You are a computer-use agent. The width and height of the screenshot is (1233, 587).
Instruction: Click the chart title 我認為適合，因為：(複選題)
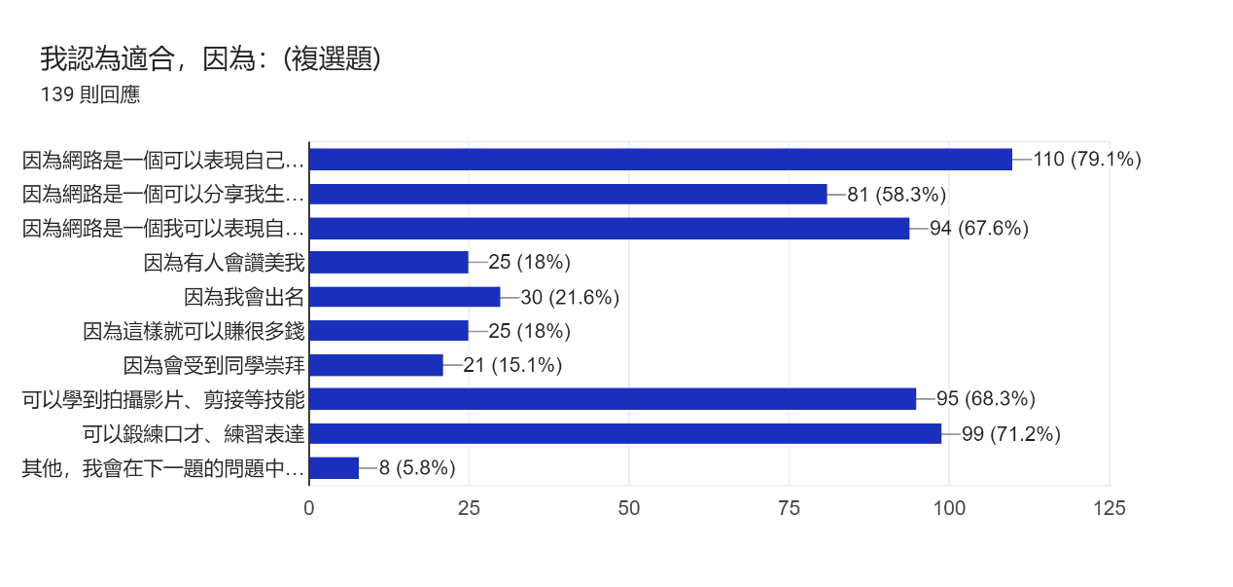pos(210,59)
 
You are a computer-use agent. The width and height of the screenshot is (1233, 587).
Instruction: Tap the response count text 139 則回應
pos(90,95)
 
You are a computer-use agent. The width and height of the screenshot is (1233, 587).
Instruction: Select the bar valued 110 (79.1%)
pos(660,160)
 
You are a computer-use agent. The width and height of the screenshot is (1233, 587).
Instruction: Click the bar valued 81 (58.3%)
pos(568,194)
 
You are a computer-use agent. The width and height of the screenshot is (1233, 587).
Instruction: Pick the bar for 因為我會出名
pos(405,297)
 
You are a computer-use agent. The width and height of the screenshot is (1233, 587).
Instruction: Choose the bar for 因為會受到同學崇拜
pos(376,365)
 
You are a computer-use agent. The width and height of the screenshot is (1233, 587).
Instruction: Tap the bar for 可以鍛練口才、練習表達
pos(625,433)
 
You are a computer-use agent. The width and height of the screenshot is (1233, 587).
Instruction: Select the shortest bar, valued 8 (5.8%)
pos(335,468)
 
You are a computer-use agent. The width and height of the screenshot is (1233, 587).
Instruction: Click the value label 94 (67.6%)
pos(979,229)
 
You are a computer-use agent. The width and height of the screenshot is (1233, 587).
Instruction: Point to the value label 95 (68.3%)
pos(986,399)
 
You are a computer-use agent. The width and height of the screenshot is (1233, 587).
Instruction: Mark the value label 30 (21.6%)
pos(570,297)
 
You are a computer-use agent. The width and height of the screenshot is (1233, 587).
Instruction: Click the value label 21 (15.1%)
pos(512,365)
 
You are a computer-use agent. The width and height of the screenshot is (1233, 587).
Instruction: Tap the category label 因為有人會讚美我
pos(224,263)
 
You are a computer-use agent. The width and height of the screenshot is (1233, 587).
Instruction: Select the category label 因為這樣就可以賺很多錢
pos(194,331)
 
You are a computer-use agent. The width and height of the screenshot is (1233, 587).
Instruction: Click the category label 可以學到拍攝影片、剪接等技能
pos(163,399)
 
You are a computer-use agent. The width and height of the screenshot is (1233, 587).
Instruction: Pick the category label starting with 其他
pos(162,468)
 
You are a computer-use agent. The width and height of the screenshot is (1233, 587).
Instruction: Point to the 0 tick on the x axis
pos(309,508)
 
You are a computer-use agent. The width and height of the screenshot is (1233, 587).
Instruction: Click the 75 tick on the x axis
pos(790,508)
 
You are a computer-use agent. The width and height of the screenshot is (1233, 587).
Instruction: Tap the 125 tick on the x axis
pos(1110,508)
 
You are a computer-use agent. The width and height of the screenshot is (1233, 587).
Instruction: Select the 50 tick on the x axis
pos(629,508)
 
